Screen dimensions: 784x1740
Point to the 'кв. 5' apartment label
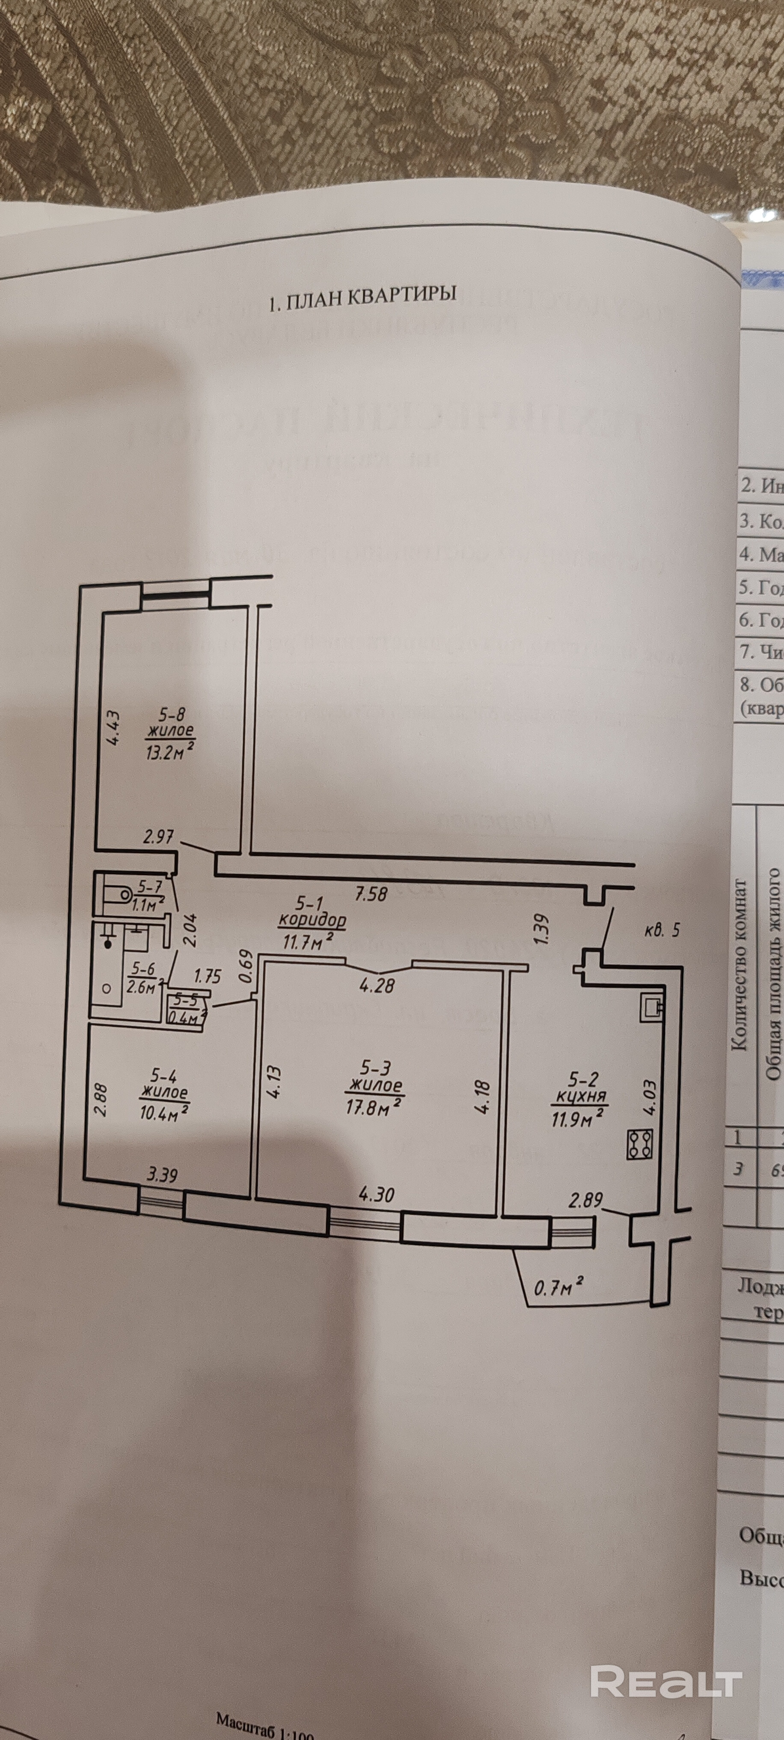click(x=661, y=930)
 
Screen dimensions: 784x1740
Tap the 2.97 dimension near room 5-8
click(x=159, y=837)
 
